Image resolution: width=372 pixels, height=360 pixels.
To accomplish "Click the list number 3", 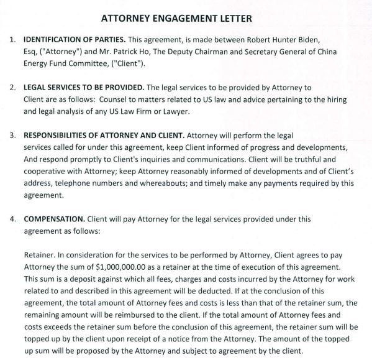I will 12,135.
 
